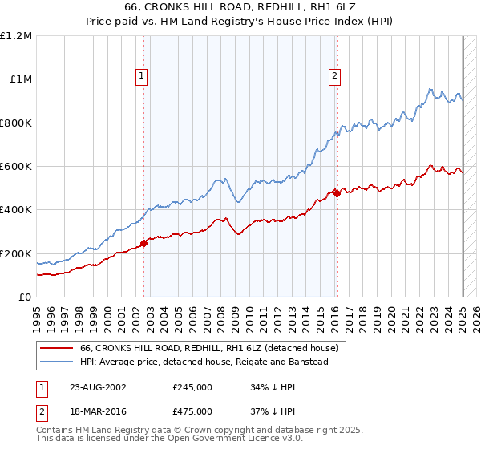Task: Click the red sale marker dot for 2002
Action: click(x=144, y=244)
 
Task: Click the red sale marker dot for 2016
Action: click(x=338, y=192)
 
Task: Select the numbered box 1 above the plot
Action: click(x=141, y=76)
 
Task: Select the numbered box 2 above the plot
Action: click(x=334, y=76)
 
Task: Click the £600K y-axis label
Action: click(x=17, y=167)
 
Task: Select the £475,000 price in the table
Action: click(x=192, y=411)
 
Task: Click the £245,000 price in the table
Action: click(x=192, y=386)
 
